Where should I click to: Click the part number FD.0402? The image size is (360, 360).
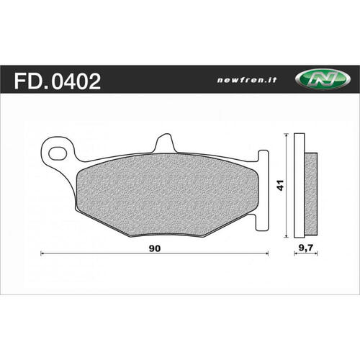[58, 81]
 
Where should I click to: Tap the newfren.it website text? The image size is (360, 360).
[247, 80]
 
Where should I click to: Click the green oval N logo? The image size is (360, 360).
[323, 79]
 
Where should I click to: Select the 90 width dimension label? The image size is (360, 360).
[155, 248]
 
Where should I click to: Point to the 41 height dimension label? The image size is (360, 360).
[280, 185]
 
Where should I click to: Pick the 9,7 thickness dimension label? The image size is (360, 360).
[306, 248]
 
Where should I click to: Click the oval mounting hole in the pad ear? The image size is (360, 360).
[58, 153]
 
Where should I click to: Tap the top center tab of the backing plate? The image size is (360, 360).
[165, 143]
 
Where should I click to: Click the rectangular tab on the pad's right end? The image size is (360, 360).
[262, 190]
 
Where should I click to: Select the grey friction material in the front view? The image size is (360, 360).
[167, 194]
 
